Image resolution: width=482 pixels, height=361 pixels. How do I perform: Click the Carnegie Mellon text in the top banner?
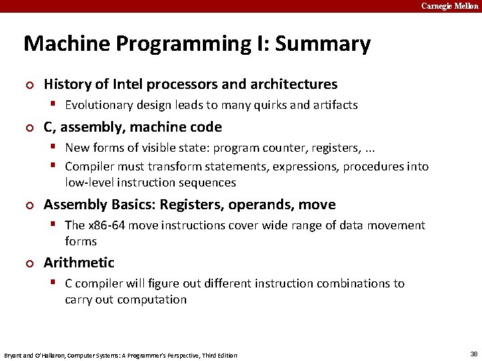[x=450, y=6]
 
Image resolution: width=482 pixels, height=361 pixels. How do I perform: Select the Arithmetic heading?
[x=79, y=263]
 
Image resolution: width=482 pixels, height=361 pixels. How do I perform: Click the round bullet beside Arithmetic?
[x=29, y=263]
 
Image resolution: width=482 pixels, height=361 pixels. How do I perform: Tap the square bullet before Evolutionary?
[x=58, y=105]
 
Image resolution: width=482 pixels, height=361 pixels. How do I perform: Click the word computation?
[x=151, y=299]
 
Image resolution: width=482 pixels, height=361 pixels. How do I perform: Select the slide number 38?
[x=474, y=354]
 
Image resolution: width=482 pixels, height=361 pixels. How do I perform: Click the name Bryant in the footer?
[x=14, y=355]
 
